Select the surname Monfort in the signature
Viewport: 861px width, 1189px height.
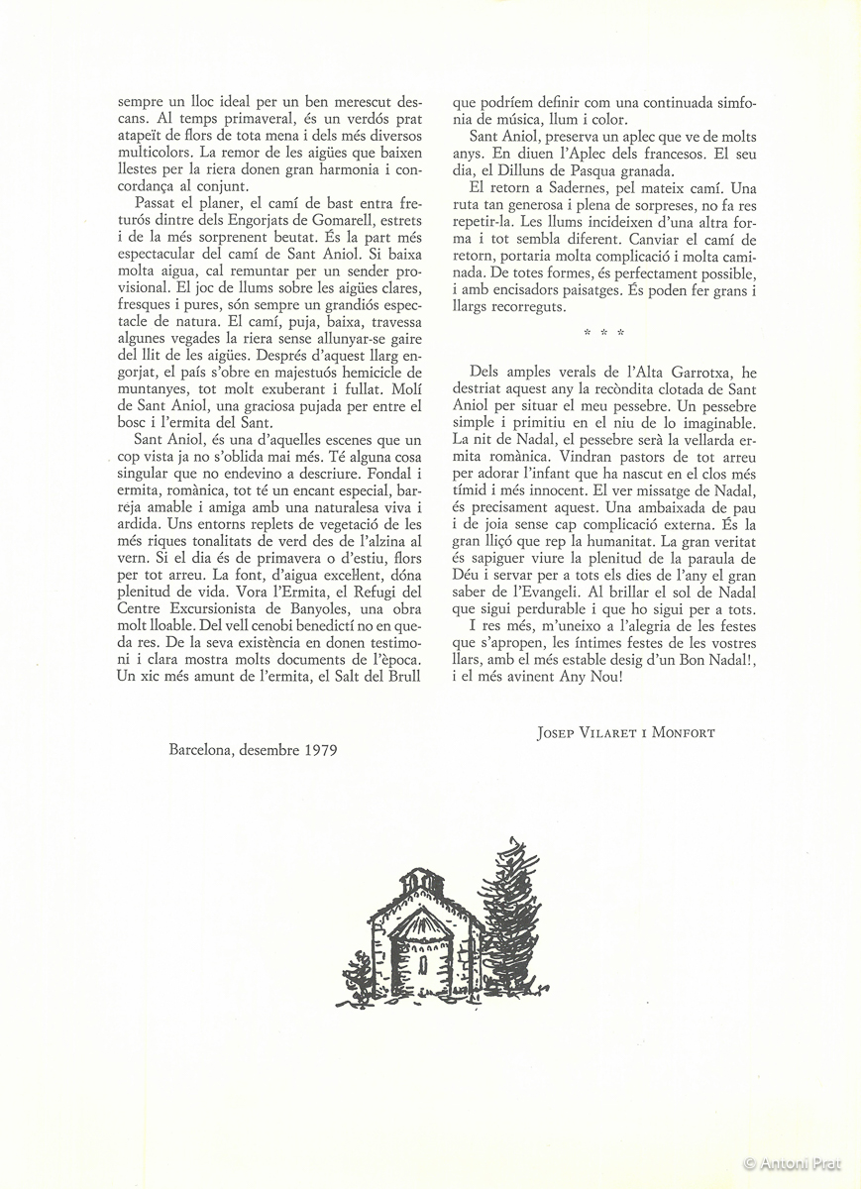(683, 733)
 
